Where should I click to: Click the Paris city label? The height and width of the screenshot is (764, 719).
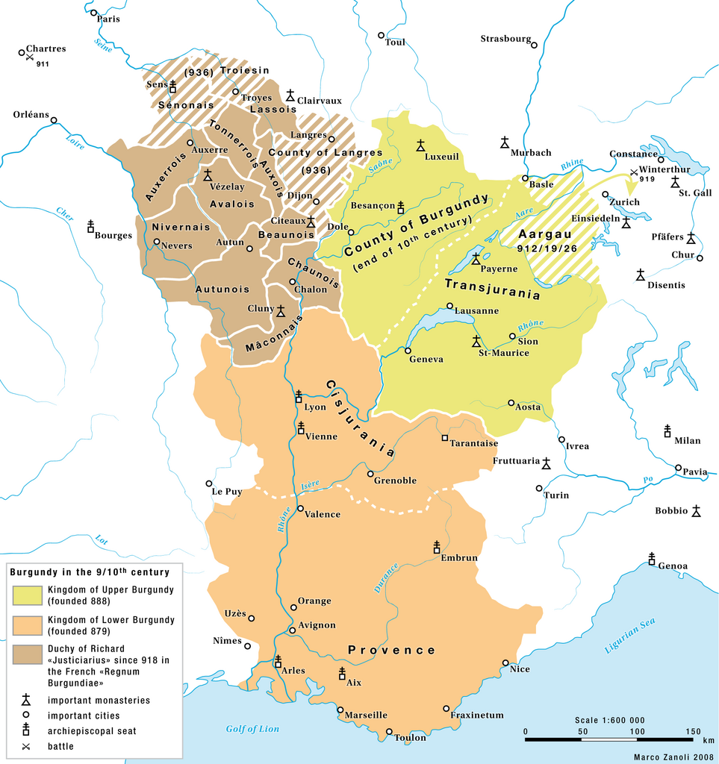pyautogui.click(x=109, y=19)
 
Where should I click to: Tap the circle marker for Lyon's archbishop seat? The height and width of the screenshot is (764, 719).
pyautogui.click(x=299, y=396)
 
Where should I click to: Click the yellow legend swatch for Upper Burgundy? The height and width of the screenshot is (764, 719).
pyautogui.click(x=26, y=595)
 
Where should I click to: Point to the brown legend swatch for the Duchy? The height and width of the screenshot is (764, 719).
pyautogui.click(x=26, y=654)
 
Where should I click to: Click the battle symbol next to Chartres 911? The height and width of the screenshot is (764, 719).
pyautogui.click(x=29, y=58)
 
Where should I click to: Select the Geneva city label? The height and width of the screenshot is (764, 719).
pyautogui.click(x=426, y=359)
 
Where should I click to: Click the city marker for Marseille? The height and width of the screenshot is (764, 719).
pyautogui.click(x=340, y=710)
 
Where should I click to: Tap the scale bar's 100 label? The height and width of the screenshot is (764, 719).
pyautogui.click(x=637, y=731)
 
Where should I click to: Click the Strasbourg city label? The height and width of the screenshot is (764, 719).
pyautogui.click(x=505, y=38)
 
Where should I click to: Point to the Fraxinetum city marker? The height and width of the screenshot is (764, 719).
pyautogui.click(x=446, y=708)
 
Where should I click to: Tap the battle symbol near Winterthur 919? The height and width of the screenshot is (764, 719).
pyautogui.click(x=634, y=173)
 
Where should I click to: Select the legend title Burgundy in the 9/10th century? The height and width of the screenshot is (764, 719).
pyautogui.click(x=90, y=572)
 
